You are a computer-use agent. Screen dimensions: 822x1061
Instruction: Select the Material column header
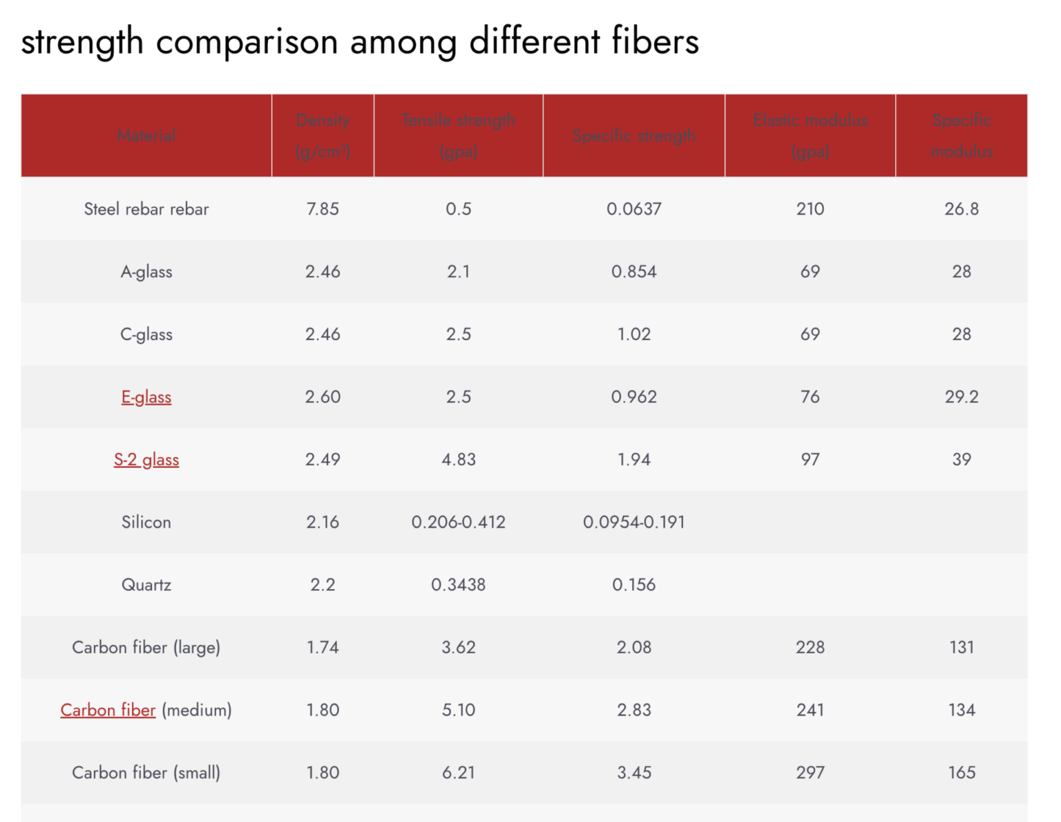146,136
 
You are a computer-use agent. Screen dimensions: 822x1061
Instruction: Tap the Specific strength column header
633,136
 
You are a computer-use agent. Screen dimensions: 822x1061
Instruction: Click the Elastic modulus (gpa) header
810,136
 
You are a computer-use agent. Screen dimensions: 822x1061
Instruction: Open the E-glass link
146,397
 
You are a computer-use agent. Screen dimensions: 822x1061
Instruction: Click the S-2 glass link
146,460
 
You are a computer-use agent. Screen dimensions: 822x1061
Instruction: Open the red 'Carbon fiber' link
108,710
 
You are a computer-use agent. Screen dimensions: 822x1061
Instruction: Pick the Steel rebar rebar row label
146,209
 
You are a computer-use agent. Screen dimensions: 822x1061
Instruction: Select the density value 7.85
323,209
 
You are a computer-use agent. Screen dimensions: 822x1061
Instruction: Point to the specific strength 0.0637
633,209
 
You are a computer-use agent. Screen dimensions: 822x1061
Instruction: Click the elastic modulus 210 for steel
810,209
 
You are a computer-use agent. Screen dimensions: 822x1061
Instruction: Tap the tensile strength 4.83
459,460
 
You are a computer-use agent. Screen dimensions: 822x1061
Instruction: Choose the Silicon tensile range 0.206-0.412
459,522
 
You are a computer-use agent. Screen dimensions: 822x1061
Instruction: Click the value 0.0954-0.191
633,522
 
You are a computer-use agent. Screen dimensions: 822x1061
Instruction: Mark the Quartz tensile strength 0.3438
459,585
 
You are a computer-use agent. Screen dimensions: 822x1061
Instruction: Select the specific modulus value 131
962,647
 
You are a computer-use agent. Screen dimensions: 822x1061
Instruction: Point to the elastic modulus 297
810,772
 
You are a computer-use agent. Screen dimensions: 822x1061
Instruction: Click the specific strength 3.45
633,772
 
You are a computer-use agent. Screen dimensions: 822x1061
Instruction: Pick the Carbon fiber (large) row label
146,647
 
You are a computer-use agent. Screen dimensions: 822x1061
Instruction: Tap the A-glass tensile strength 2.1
459,272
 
